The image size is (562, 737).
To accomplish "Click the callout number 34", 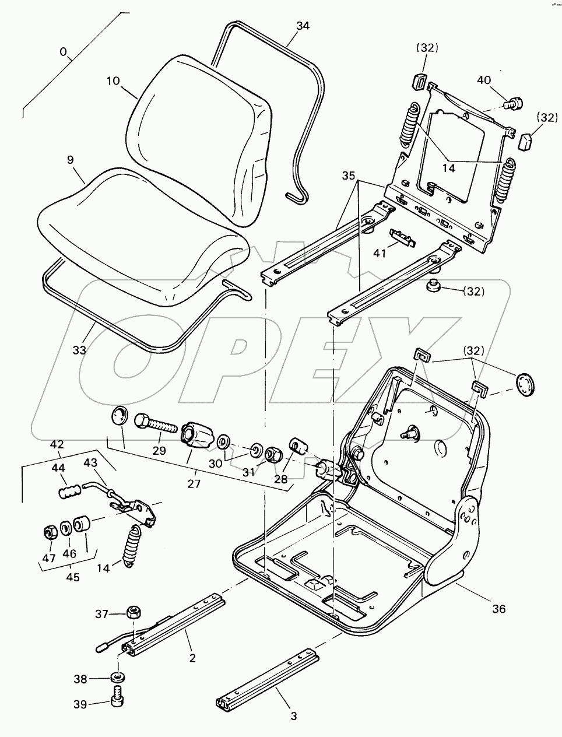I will (303, 26).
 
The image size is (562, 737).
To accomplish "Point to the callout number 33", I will (79, 350).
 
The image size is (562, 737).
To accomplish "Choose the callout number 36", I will (499, 609).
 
